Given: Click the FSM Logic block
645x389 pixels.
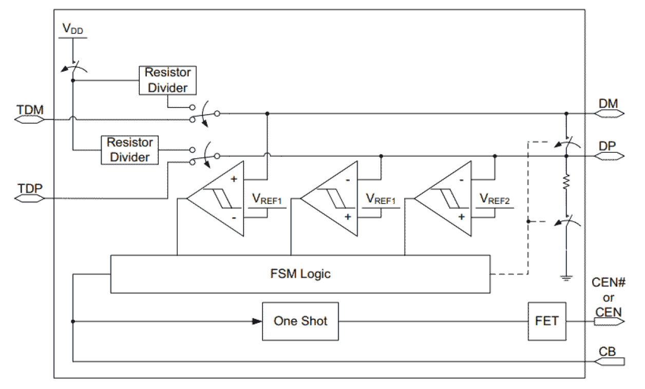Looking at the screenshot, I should (300, 274).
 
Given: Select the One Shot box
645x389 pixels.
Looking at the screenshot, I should (300, 321).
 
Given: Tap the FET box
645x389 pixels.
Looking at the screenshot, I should (547, 321).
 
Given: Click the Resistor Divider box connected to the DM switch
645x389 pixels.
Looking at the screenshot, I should (166, 79).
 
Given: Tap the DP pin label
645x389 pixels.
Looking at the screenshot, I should (608, 146).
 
